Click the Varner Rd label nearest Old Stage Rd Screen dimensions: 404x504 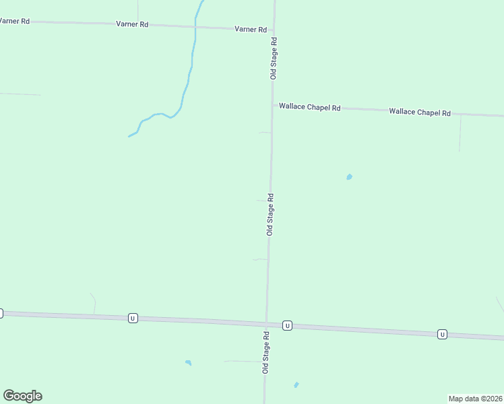[251, 30]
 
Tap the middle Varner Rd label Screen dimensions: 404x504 [132, 24]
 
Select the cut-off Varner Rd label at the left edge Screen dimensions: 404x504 [15, 21]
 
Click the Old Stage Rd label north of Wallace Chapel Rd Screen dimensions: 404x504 [274, 58]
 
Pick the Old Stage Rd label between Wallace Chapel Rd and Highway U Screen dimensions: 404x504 [270, 214]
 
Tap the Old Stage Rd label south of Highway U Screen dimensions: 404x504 [266, 352]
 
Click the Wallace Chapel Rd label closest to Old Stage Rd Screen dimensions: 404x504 [310, 107]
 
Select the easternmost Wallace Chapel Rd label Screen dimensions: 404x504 [419, 112]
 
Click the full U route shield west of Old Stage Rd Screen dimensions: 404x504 [133, 318]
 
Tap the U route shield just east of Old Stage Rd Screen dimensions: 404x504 [287, 325]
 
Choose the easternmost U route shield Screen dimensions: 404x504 [442, 334]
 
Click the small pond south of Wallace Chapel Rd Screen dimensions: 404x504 [349, 177]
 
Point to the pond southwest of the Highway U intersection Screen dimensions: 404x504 [189, 363]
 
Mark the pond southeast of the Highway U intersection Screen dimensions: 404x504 [296, 385]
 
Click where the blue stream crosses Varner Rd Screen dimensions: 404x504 [195, 26]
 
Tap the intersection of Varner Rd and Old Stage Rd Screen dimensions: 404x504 [274, 30]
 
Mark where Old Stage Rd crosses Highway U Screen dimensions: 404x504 [267, 324]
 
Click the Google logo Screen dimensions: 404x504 [22, 396]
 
